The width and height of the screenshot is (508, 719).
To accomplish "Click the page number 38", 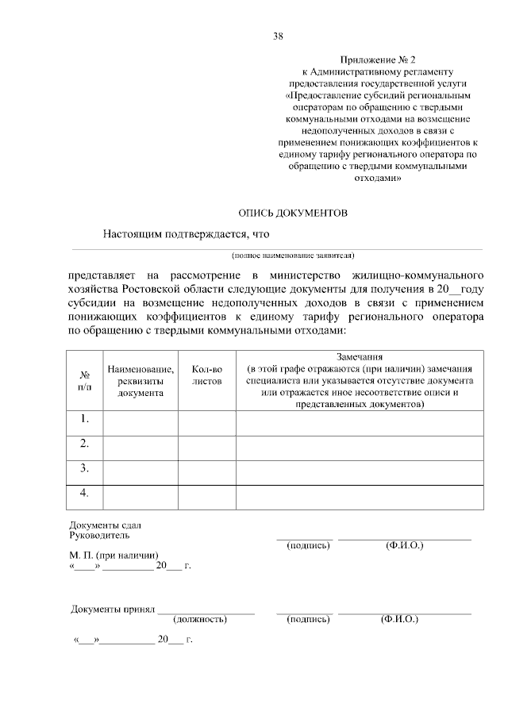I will click(x=279, y=36).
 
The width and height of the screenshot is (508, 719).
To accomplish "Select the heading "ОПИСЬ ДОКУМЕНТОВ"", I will click(x=293, y=213).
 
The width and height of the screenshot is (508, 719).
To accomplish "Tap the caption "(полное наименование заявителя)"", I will click(x=293, y=256).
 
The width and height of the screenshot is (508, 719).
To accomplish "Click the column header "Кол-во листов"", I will click(x=208, y=375).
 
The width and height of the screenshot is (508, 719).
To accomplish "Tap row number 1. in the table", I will click(x=84, y=418).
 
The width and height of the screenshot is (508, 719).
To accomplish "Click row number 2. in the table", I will click(x=84, y=443).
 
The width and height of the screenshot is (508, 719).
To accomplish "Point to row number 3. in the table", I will click(x=84, y=468).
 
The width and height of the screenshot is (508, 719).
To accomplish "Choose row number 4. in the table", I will click(x=84, y=493).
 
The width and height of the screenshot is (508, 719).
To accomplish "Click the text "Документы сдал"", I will click(x=106, y=526).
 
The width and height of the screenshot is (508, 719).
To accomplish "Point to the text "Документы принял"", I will click(x=112, y=609).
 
